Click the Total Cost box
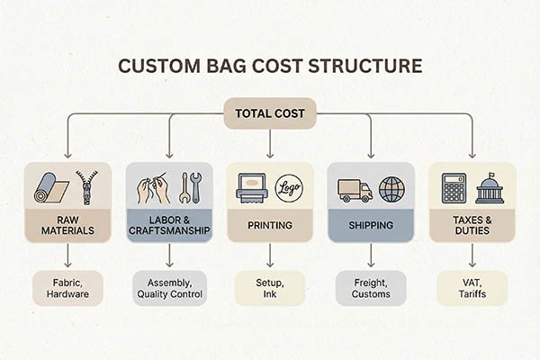coord(270,114)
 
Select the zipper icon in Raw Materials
coord(85,186)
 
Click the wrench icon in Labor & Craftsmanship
coord(191,188)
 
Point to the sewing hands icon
coord(152,188)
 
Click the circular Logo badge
coord(289,186)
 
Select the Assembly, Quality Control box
coord(168,287)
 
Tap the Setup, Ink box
coord(270,287)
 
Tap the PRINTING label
coord(270,225)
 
